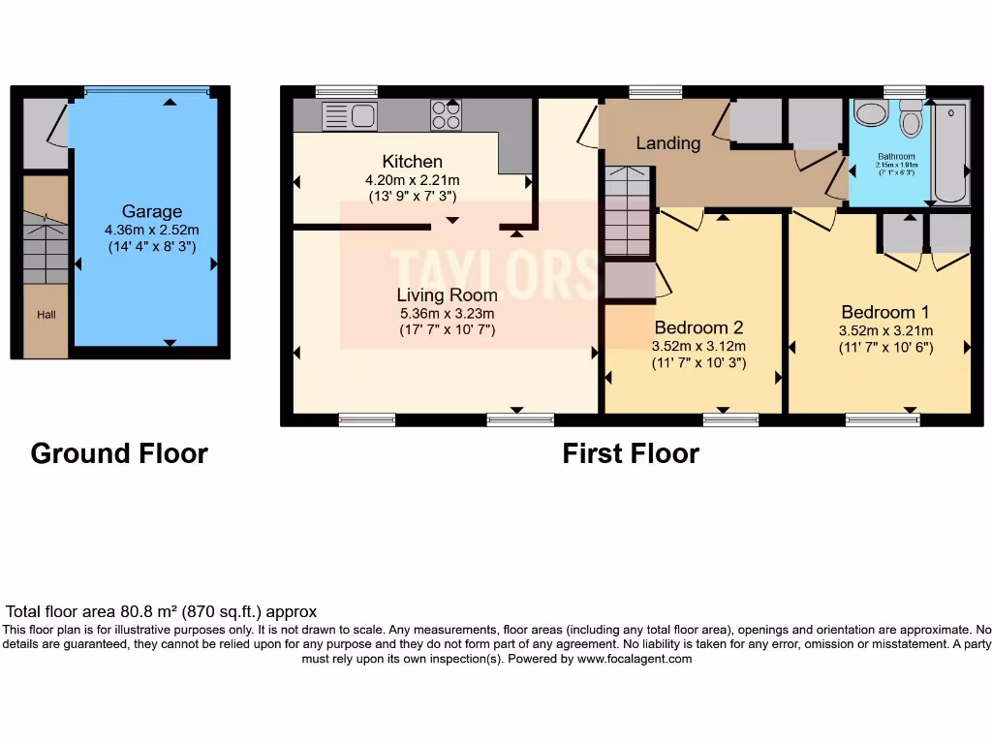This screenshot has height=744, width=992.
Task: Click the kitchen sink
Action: click(349, 116)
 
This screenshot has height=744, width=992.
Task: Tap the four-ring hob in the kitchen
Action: click(446, 115)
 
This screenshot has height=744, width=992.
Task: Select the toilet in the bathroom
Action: click(910, 120)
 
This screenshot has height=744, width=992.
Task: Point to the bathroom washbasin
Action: click(871, 114)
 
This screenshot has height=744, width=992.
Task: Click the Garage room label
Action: click(151, 211)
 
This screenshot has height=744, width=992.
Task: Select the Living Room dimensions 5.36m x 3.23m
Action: click(447, 313)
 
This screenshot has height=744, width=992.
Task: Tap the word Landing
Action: click(667, 143)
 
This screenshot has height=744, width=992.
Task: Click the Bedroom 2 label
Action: click(697, 327)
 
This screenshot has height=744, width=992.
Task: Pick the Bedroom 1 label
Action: click(884, 312)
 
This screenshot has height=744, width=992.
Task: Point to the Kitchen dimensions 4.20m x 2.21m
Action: click(412, 180)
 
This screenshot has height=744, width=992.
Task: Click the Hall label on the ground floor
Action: click(46, 315)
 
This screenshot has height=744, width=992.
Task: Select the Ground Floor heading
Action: click(119, 453)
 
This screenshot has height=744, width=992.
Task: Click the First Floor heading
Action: click(631, 453)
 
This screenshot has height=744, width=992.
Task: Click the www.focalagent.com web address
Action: click(635, 659)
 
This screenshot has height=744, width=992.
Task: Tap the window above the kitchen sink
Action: click(346, 92)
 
